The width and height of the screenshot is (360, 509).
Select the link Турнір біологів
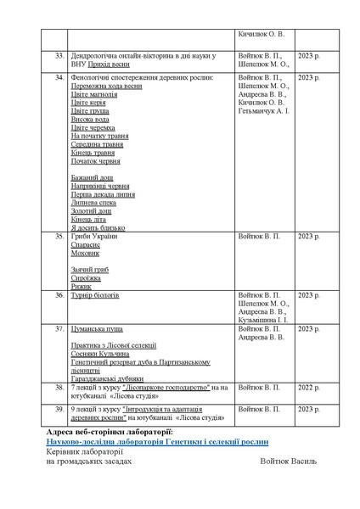95,295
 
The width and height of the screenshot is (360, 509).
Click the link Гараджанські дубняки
107,378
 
